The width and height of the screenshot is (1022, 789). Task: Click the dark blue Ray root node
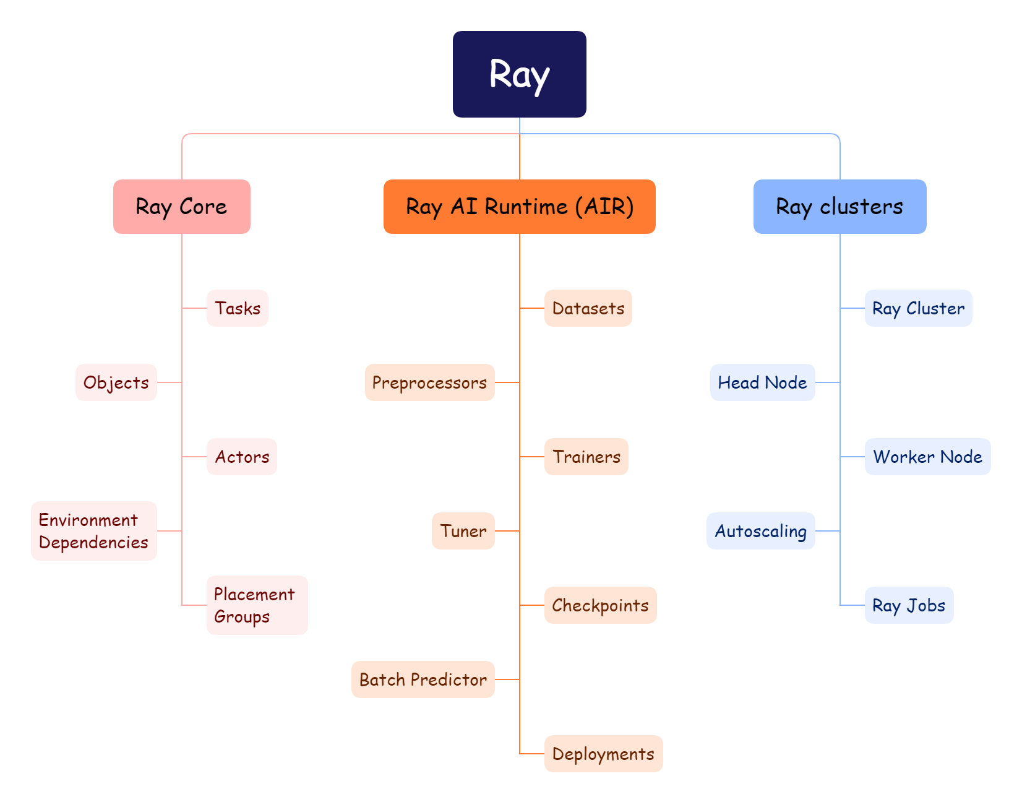coord(519,74)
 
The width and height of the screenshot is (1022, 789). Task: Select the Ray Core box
coord(181,207)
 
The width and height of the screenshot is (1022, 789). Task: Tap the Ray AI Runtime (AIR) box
coord(519,207)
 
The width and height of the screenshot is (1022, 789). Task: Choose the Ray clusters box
coord(839,207)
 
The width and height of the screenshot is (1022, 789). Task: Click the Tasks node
coord(238,308)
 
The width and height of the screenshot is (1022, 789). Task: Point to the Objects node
coord(116,382)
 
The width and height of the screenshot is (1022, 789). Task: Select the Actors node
coord(242,457)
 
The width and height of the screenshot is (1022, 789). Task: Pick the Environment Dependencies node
coord(94,531)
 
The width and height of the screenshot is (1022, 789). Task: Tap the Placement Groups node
coord(257,605)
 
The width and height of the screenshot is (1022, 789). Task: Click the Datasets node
coord(588,308)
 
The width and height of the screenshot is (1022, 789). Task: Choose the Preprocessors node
coord(429,382)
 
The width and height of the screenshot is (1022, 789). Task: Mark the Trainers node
coord(586,457)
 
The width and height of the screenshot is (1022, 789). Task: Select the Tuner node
coord(463,531)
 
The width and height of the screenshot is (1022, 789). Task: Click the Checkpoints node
coord(600,605)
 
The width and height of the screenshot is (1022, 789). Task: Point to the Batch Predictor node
coord(423,679)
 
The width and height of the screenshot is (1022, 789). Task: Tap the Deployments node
coord(603,754)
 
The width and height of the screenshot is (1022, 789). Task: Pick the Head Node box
coord(762,382)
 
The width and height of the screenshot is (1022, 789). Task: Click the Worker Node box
coord(927,457)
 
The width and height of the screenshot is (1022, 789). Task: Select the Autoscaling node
coord(760,531)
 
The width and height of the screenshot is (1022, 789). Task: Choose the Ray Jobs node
coord(909,605)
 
